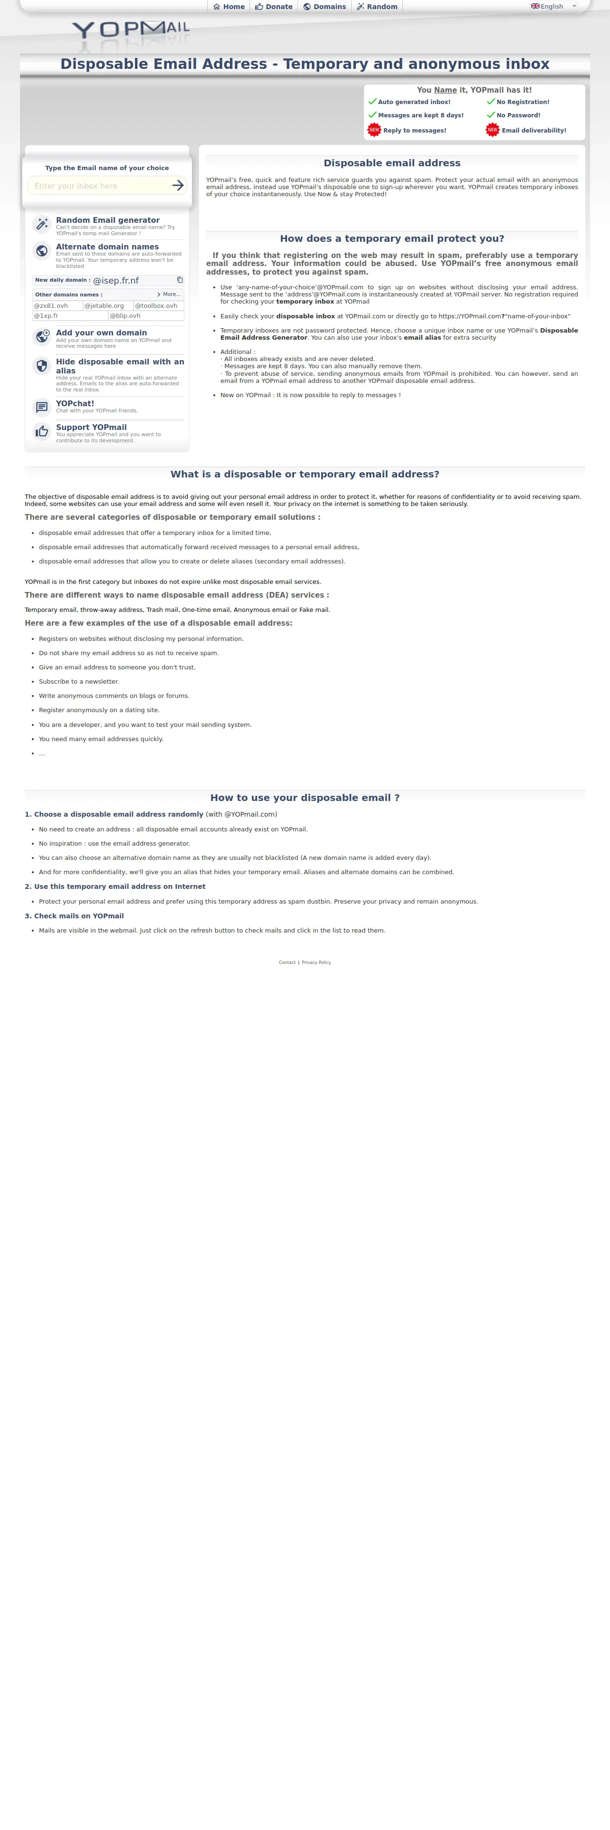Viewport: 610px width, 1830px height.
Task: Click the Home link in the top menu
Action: point(229,6)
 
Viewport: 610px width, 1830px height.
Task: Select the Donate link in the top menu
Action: point(274,6)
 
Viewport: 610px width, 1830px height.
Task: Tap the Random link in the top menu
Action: point(377,6)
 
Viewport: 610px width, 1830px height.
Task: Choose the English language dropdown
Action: point(554,6)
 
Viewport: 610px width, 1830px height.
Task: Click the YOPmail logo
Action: point(131,31)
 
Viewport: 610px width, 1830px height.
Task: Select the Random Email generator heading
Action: point(107,220)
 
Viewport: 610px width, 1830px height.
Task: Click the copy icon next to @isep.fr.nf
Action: point(180,280)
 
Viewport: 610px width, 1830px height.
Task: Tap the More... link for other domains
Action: point(169,294)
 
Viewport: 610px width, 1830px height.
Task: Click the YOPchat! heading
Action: point(75,403)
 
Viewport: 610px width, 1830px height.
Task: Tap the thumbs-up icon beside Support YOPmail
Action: point(42,431)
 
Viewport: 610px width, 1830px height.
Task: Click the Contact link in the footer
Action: point(287,963)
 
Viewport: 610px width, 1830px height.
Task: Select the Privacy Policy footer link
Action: point(316,963)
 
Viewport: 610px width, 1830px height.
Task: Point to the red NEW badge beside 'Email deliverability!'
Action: point(492,130)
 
